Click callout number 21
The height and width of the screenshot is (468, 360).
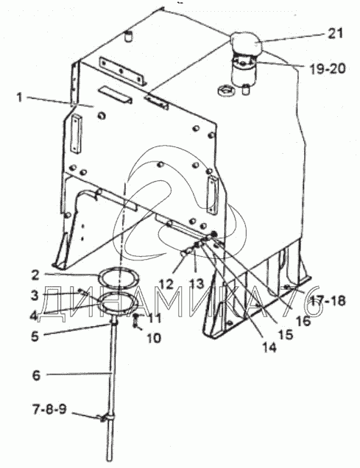335,33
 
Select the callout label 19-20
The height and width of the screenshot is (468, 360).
328,69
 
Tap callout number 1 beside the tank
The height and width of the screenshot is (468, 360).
19,97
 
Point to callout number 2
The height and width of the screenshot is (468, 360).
35,275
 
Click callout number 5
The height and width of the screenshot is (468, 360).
35,336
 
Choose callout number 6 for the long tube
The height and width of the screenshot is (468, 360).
36,375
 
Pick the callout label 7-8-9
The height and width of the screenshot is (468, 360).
49,409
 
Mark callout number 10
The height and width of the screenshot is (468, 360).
154,338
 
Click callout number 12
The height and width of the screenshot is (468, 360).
166,284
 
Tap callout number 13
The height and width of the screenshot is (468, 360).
197,284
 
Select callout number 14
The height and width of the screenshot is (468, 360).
269,347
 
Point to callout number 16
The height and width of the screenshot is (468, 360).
303,321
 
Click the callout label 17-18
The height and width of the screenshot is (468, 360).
328,300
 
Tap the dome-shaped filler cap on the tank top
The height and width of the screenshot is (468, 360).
246,44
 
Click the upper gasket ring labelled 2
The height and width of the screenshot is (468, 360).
119,277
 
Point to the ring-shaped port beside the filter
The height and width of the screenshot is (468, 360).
227,90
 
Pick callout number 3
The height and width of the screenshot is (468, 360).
35,296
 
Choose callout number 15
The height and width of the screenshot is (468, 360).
286,334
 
